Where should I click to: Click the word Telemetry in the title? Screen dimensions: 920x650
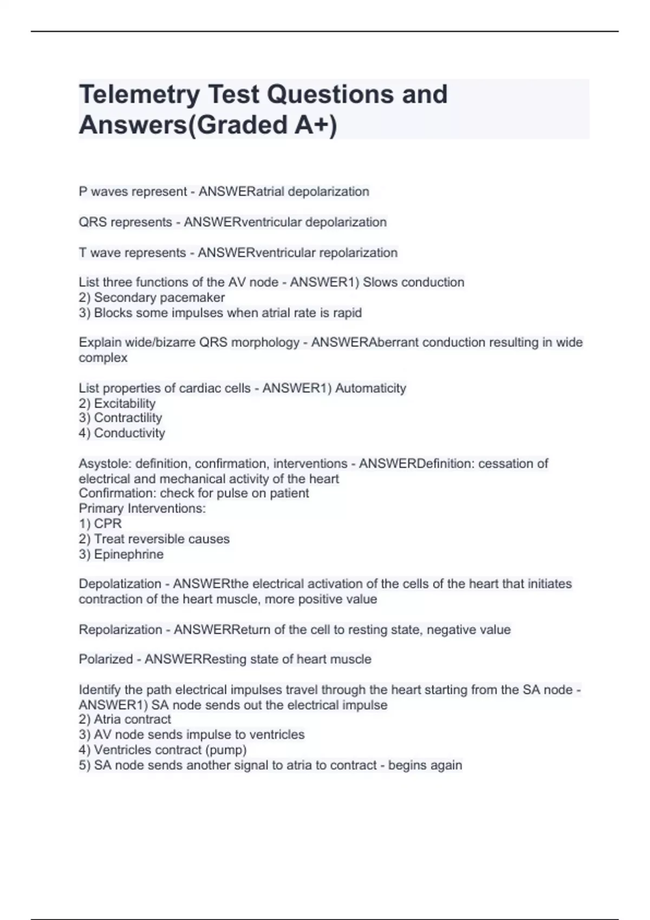[x=139, y=95]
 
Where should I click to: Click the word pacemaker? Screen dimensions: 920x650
[x=197, y=298]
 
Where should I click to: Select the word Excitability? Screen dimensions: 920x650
[x=125, y=403]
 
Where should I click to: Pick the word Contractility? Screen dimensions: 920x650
[x=128, y=418]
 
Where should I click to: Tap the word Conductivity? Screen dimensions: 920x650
[x=129, y=433]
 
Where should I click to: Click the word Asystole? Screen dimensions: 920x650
[x=104, y=464]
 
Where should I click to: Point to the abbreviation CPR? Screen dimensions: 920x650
[x=108, y=524]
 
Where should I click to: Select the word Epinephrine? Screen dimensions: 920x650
[x=128, y=554]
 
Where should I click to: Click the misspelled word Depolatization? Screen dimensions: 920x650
[x=120, y=584]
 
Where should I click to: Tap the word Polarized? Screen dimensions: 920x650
[x=106, y=659]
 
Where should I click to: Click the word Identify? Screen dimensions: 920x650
[x=100, y=690]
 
